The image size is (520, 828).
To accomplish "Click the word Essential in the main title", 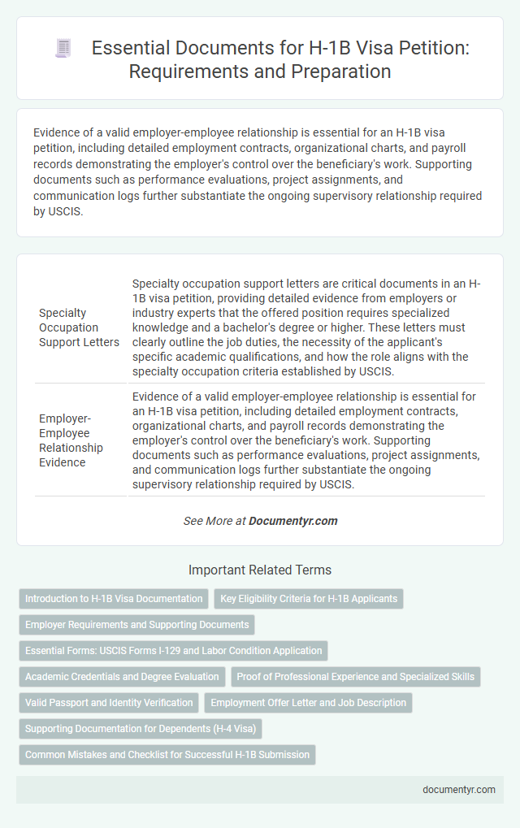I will point(128,48).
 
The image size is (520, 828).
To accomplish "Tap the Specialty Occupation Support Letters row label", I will point(79,327).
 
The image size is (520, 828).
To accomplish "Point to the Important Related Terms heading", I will point(259,570).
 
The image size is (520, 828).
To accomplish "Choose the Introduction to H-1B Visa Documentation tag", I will point(114,599).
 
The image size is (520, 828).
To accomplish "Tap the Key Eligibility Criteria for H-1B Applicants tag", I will point(309,599).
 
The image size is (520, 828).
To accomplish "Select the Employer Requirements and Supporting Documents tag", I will point(136,625).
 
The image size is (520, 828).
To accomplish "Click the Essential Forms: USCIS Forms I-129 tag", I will point(174,651).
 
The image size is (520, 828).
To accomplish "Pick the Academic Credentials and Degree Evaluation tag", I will point(122,677).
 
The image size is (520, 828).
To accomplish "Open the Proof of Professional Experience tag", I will point(355,677).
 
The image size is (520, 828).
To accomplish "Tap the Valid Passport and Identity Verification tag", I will point(109,703).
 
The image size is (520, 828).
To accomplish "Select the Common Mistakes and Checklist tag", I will point(167,755).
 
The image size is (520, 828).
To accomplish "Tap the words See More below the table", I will point(207,521).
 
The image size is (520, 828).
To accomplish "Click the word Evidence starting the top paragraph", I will point(55,131).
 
